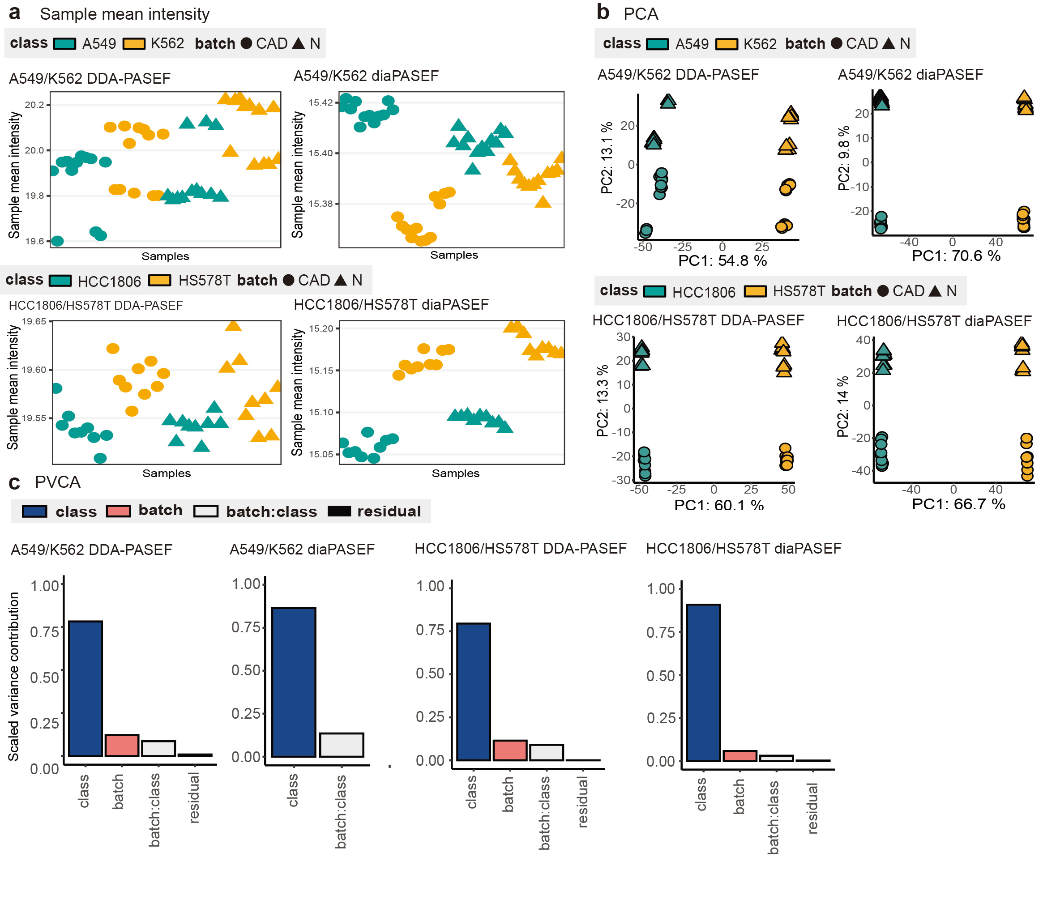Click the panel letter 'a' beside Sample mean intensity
(x=15, y=13)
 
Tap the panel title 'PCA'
(x=640, y=14)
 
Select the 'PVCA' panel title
(x=57, y=482)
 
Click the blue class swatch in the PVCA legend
(x=34, y=511)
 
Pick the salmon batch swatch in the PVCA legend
(x=118, y=511)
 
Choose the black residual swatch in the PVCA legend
(x=339, y=511)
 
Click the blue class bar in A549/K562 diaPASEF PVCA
(x=294, y=682)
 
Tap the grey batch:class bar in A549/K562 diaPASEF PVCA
(x=341, y=744)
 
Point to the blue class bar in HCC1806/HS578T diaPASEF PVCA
(x=703, y=682)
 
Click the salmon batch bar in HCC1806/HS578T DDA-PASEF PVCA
(x=509, y=750)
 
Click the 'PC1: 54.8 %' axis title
(x=722, y=260)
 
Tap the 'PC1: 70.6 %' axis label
(x=956, y=256)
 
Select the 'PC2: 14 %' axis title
(x=842, y=406)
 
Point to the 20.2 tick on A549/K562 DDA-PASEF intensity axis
(x=34, y=105)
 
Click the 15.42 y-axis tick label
(x=321, y=103)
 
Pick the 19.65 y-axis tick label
(x=34, y=321)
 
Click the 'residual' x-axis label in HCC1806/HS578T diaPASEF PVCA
(x=812, y=808)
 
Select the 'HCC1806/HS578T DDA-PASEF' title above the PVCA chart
(x=521, y=548)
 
